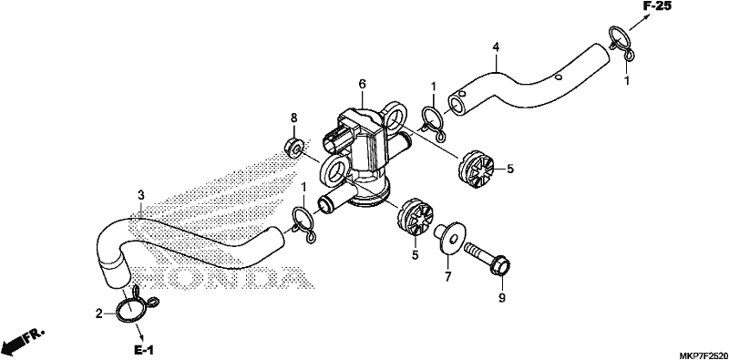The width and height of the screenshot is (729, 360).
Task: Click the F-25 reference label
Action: point(657,6)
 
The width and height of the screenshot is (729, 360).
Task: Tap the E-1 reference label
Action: point(144,350)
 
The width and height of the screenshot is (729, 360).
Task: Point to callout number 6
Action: point(362,84)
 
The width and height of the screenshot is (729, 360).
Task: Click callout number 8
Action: point(293,118)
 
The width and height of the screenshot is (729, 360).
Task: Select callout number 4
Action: point(496,46)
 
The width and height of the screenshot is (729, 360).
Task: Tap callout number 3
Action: point(141,194)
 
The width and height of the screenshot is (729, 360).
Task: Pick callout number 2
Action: point(98,314)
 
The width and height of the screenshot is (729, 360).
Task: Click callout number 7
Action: point(447,276)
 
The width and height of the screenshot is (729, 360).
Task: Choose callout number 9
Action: point(502,298)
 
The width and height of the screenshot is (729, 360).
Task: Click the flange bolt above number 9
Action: point(487,259)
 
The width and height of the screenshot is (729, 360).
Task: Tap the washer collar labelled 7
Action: point(447,237)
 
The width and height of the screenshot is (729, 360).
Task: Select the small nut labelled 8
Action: point(293,147)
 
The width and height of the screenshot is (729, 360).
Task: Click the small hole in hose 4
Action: point(560,77)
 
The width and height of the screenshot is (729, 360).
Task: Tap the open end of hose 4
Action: point(458,103)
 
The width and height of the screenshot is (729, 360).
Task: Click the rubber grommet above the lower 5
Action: point(416,217)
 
